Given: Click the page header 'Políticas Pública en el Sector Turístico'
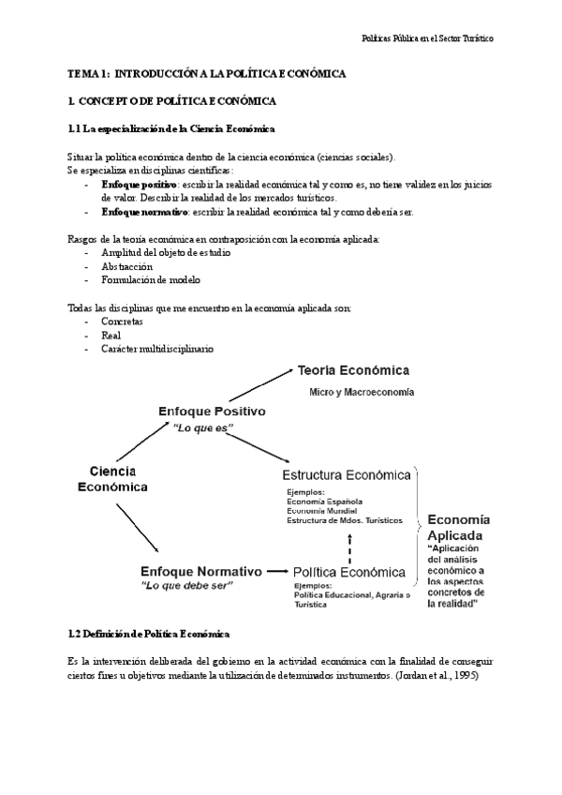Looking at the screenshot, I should pyautogui.click(x=427, y=39).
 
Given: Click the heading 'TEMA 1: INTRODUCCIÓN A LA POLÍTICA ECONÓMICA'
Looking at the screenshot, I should pyautogui.click(x=207, y=73).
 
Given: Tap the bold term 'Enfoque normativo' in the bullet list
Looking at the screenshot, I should pyautogui.click(x=141, y=212).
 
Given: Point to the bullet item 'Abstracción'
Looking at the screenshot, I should pyautogui.click(x=126, y=266).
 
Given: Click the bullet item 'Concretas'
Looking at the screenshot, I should pyautogui.click(x=121, y=322).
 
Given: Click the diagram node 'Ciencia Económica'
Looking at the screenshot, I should pyautogui.click(x=111, y=478).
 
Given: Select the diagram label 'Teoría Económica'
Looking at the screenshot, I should pyautogui.click(x=353, y=369).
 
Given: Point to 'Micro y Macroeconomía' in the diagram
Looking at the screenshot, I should pyautogui.click(x=362, y=392).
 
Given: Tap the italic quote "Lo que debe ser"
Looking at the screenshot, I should pyautogui.click(x=186, y=585).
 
